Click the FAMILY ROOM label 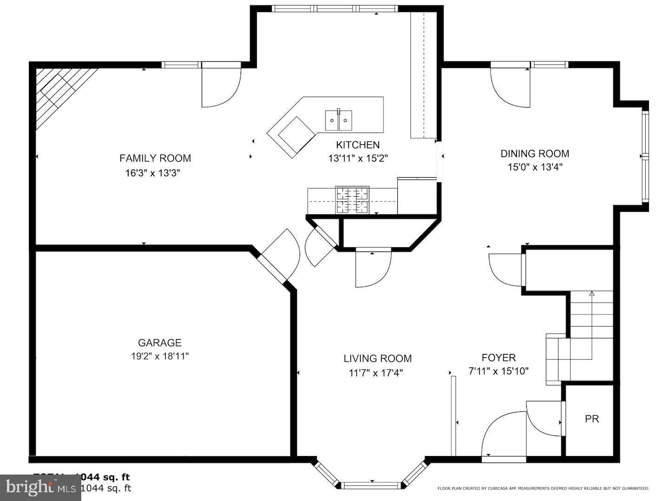coord(155,158)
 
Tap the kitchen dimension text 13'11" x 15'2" coord(358,158)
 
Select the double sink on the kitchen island coord(338,121)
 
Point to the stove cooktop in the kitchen coord(353,200)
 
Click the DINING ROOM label coord(535,154)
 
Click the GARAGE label coord(159,343)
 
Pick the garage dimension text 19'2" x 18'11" coord(159,356)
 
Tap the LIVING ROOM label coord(378,358)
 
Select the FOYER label coord(498,358)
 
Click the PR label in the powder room coord(592,419)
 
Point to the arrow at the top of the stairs coord(592,294)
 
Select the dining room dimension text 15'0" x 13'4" coord(535,167)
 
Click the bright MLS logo coord(40,487)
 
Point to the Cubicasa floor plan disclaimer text coord(543,488)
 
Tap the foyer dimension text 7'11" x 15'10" coord(498,371)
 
